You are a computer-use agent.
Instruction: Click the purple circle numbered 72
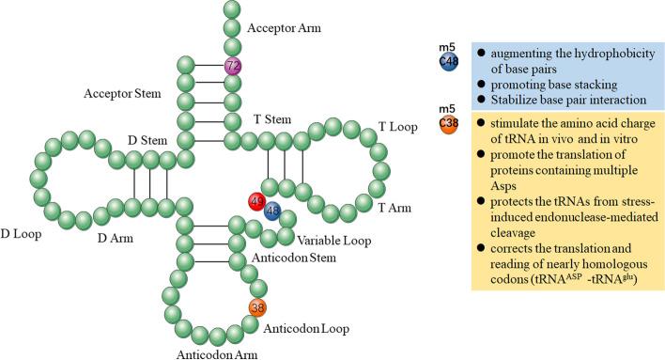[234, 67]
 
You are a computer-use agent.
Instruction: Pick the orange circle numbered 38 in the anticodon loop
[258, 307]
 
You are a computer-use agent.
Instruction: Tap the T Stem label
[273, 120]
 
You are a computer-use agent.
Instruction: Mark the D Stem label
[148, 141]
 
